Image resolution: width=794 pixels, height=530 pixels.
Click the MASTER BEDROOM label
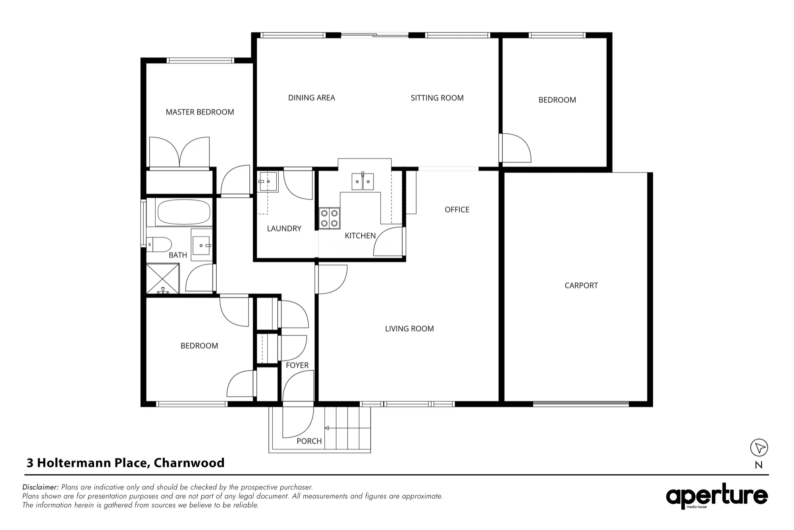pos(200,112)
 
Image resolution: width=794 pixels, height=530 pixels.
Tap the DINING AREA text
pos(312,98)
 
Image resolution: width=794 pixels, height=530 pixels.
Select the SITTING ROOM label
pos(437,98)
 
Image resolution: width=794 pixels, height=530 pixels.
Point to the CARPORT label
pos(581,285)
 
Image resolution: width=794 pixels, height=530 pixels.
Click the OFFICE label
pos(457,209)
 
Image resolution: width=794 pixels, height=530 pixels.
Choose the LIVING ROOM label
pos(409,329)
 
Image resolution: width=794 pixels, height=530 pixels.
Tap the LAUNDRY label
pos(284,228)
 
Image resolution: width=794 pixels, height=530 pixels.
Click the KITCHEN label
pos(360,236)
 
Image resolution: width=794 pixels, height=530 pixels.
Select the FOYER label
pos(297,365)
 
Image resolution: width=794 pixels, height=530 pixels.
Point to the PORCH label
pos(309,441)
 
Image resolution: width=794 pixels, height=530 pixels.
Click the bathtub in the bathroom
pos(184,212)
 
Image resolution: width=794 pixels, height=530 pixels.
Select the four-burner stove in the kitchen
pos(330,218)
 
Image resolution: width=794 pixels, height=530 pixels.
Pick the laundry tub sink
pos(268,182)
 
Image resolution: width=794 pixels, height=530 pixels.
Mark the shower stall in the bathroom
pos(163,279)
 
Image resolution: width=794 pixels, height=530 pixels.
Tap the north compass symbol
pos(759,448)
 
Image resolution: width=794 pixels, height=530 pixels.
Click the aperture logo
pos(717,496)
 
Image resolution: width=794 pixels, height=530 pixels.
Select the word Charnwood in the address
pos(189,463)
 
